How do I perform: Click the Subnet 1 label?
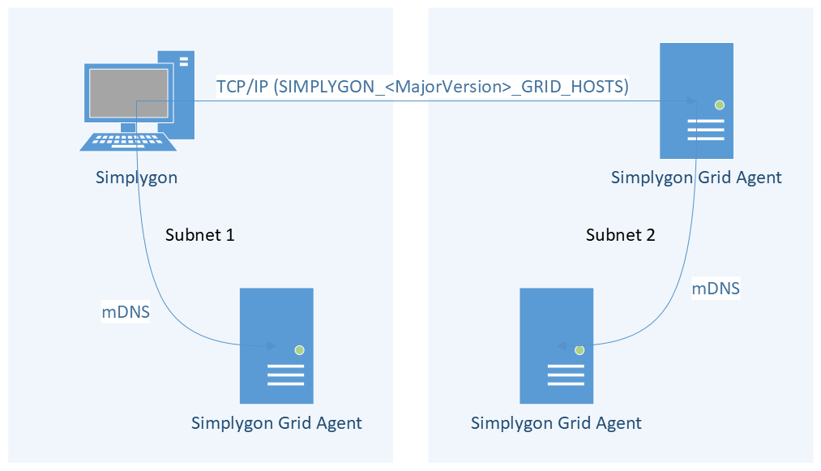click(x=199, y=235)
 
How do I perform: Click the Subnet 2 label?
click(x=620, y=235)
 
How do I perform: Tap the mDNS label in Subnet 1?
click(x=126, y=311)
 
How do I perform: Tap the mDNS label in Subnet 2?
click(x=715, y=288)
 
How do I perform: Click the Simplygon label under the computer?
click(x=136, y=178)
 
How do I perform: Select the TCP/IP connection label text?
click(x=422, y=86)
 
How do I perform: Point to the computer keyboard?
click(x=130, y=141)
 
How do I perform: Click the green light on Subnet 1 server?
click(x=299, y=349)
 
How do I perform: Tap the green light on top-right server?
click(x=719, y=105)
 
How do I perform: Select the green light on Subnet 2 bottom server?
click(x=579, y=350)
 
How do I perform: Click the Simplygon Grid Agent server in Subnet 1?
click(x=276, y=345)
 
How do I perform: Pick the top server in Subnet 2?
click(x=696, y=100)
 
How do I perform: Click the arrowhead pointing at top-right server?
click(x=691, y=101)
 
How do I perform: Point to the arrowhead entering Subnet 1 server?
click(x=272, y=346)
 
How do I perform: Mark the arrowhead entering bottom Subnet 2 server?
click(x=562, y=346)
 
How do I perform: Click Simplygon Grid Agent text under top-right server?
click(x=696, y=178)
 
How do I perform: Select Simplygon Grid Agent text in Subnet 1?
click(x=276, y=422)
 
